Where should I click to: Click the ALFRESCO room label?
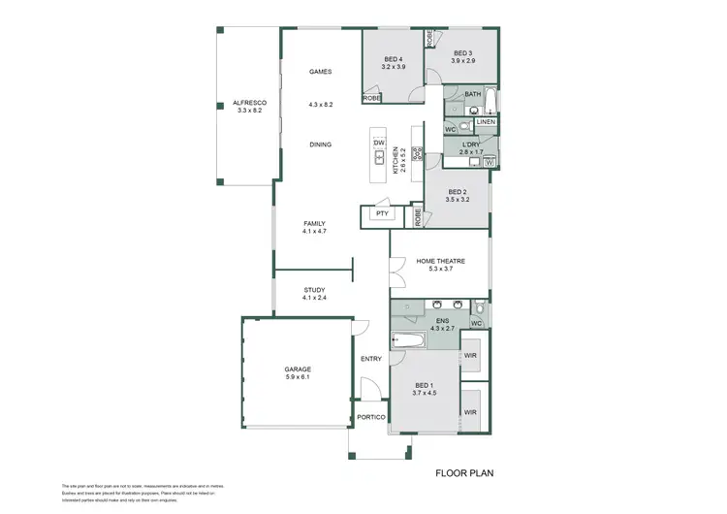coord(249,103)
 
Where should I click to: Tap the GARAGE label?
coord(297,369)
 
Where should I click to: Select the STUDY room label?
coord(314,289)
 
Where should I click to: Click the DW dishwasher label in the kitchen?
coord(379,144)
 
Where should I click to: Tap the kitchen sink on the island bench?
coord(379,157)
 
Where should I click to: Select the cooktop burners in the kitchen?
coord(417,153)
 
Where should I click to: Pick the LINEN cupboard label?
coord(487,122)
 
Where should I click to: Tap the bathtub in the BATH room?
coord(490,101)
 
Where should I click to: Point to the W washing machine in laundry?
coord(490,162)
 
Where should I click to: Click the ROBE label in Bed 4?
coord(371,98)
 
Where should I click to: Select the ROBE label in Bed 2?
coord(418,218)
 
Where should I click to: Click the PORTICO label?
coord(371,417)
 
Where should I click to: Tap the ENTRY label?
coord(371,359)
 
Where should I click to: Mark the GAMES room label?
coord(320,72)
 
